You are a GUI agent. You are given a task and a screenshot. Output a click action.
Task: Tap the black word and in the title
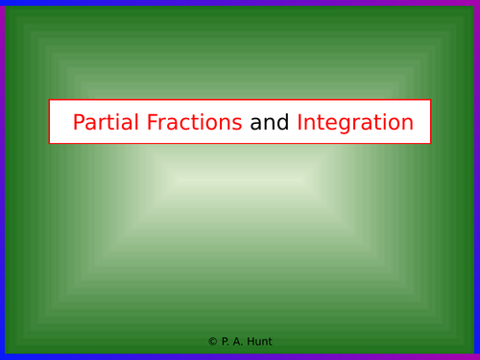click(270, 123)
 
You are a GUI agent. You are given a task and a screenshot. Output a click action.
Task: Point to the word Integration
click(355, 123)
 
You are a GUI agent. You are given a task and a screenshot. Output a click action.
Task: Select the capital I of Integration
click(300, 123)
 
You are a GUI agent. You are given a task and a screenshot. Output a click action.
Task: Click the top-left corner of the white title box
click(49, 100)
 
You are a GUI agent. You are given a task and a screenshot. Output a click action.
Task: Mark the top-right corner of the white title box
click(431, 100)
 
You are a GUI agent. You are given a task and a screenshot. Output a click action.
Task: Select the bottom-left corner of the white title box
click(49, 144)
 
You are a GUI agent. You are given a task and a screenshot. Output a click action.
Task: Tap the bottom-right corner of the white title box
click(431, 144)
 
